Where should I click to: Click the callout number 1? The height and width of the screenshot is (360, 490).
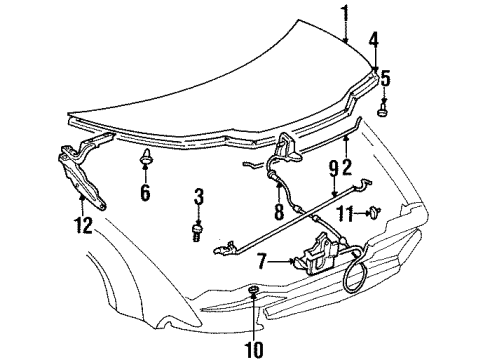click(x=345, y=13)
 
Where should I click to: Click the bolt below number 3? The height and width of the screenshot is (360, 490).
click(x=198, y=232)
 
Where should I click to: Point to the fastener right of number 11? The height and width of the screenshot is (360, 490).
click(x=372, y=211)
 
